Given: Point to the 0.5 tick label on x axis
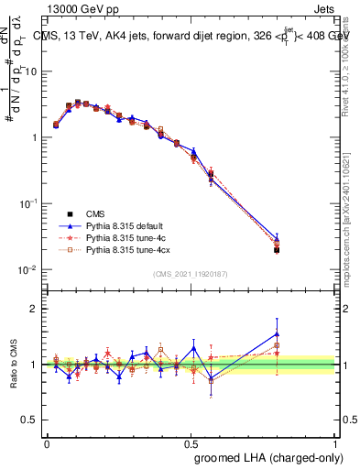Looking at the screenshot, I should pyautogui.click(x=191, y=442).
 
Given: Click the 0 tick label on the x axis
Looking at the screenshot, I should pyautogui.click(x=47, y=442).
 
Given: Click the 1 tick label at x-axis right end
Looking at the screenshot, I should pyautogui.click(x=336, y=442).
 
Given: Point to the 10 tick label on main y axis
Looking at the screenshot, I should pyautogui.click(x=33, y=71).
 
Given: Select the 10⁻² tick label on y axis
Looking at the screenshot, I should pyautogui.click(x=30, y=269).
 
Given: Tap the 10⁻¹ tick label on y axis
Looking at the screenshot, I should pyautogui.click(x=30, y=203).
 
